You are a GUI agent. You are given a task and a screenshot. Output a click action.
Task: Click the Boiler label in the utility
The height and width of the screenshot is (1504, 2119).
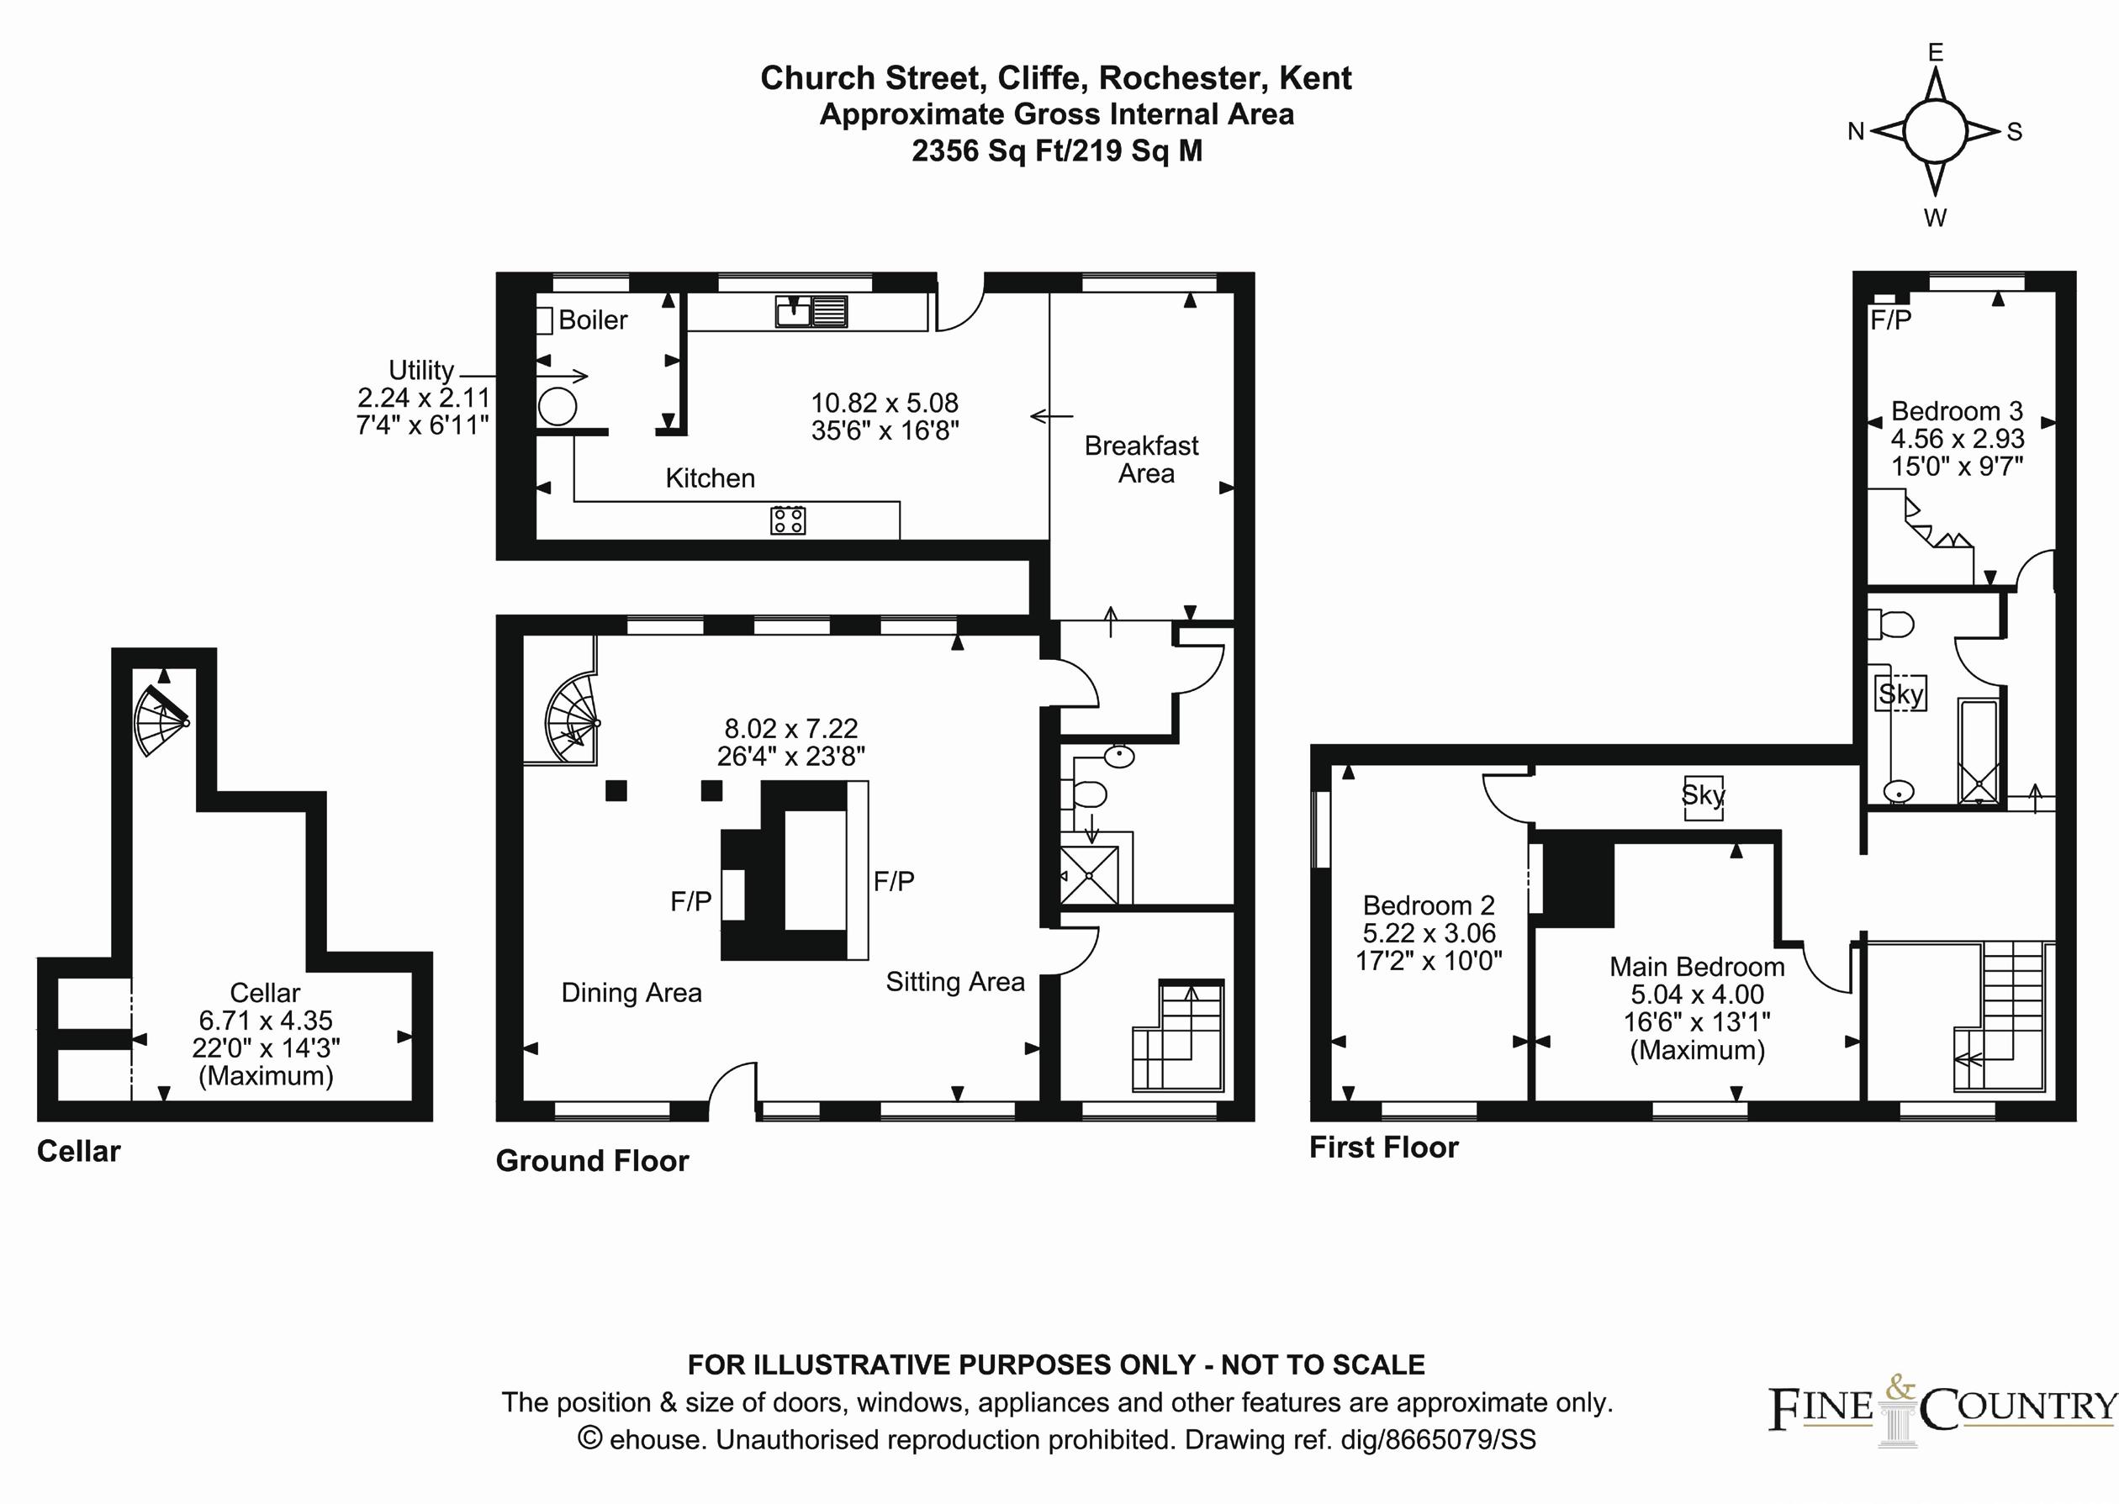593,320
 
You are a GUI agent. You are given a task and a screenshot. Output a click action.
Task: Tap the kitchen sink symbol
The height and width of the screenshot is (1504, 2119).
811,311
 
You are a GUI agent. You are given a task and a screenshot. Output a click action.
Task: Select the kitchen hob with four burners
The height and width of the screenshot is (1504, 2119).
788,520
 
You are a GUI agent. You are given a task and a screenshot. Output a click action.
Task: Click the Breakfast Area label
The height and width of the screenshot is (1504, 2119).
1142,459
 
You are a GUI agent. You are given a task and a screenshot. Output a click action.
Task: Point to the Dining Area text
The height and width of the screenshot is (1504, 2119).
631,993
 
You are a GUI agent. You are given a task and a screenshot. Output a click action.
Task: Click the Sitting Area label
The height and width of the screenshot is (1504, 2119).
955,982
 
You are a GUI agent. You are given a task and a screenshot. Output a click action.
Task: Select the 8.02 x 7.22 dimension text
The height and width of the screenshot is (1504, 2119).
791,728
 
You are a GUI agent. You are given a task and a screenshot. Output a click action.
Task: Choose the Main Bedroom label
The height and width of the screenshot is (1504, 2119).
1698,967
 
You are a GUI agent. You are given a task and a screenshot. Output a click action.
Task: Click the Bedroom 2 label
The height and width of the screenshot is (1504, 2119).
1429,905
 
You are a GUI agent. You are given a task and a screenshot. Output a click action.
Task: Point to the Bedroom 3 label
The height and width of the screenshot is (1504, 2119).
1957,410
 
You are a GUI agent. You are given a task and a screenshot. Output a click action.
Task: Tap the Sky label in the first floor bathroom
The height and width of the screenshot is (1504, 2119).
1900,694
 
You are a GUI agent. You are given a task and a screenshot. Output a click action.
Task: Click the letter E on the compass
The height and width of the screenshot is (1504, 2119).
1936,52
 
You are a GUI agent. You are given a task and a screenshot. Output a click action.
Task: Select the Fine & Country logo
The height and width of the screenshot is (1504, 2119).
1943,1409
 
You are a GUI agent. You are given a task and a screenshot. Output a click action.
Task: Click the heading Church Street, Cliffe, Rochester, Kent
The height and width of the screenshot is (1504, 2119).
1056,78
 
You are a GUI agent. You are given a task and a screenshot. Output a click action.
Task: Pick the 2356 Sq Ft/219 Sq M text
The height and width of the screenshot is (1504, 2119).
1057,150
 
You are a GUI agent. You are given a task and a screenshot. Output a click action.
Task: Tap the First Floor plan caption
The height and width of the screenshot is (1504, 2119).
1383,1148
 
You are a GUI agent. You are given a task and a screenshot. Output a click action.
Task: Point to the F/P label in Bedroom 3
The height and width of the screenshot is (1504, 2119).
1890,320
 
